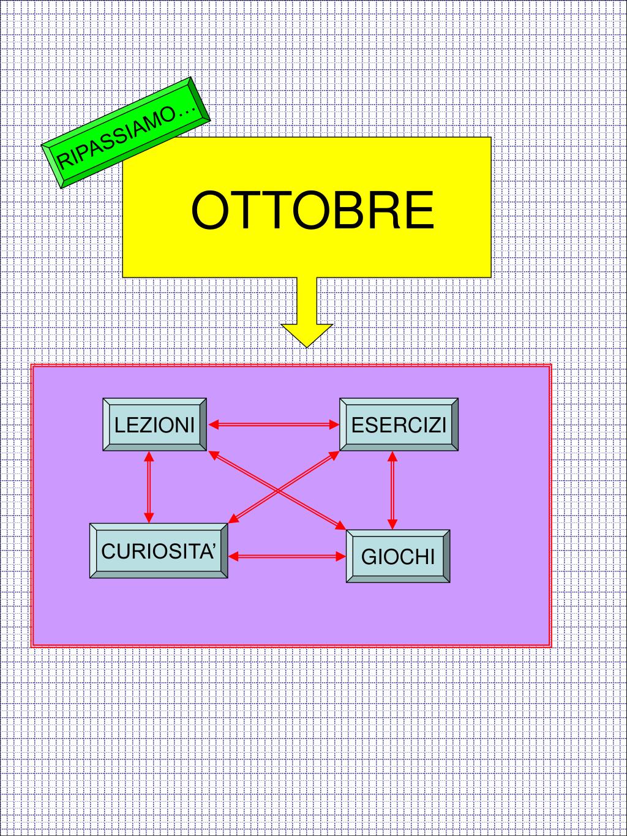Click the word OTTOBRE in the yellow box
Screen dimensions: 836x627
(312, 210)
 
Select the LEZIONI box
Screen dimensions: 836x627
(154, 424)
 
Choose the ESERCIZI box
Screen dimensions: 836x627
(399, 424)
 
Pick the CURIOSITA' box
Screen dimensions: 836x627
(159, 551)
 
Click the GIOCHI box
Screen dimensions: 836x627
(398, 556)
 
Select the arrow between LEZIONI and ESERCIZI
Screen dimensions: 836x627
(274, 424)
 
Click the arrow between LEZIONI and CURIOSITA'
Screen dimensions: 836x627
(149, 487)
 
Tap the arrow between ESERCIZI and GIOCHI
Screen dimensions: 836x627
(392, 490)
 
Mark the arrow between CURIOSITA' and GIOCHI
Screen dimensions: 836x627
(287, 556)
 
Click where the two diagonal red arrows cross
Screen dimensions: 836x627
(278, 491)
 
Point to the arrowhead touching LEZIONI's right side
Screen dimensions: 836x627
(214, 424)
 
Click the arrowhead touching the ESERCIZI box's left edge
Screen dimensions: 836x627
(334, 424)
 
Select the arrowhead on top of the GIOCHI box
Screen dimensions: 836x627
(392, 524)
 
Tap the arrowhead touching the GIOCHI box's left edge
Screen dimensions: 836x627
(341, 556)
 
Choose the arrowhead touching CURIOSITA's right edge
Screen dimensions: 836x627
(234, 556)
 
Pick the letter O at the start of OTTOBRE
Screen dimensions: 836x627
(209, 210)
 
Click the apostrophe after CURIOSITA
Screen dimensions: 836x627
(214, 544)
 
